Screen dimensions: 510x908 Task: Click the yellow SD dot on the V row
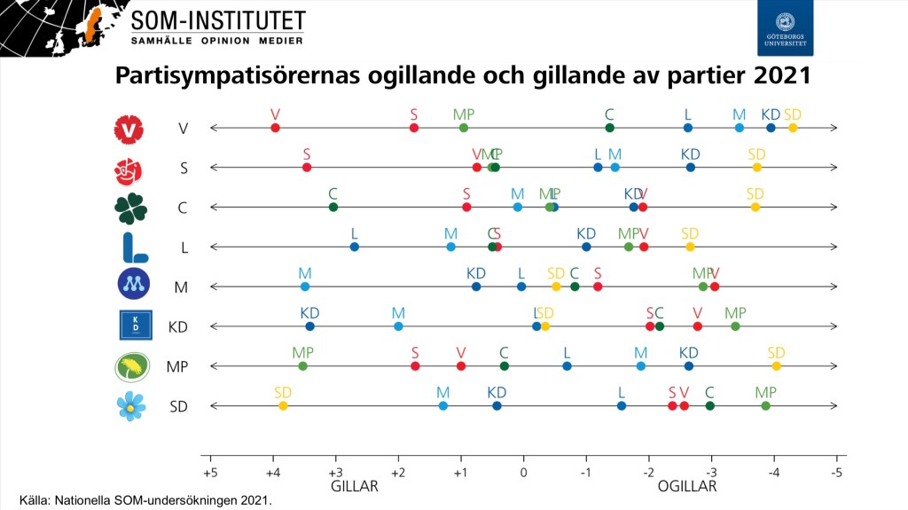click(793, 128)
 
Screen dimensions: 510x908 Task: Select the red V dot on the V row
click(275, 128)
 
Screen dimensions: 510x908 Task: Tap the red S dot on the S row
click(307, 168)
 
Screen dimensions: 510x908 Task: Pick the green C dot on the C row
click(333, 208)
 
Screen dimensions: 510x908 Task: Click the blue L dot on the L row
click(355, 247)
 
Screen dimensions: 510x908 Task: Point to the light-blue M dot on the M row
click(305, 286)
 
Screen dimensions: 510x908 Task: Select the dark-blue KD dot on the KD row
click(309, 326)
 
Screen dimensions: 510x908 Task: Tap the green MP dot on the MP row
click(303, 366)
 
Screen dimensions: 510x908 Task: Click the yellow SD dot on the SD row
click(283, 405)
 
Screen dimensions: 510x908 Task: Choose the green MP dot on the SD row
click(765, 405)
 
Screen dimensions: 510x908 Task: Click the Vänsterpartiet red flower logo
click(129, 129)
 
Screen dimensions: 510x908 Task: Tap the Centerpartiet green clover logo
click(130, 207)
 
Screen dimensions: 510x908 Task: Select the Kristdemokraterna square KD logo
click(136, 326)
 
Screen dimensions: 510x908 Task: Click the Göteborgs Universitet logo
click(785, 28)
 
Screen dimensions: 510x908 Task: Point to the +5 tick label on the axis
click(210, 471)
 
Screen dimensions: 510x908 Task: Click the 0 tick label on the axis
click(523, 471)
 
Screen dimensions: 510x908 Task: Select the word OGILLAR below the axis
click(686, 487)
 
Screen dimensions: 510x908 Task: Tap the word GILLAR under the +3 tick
click(355, 487)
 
